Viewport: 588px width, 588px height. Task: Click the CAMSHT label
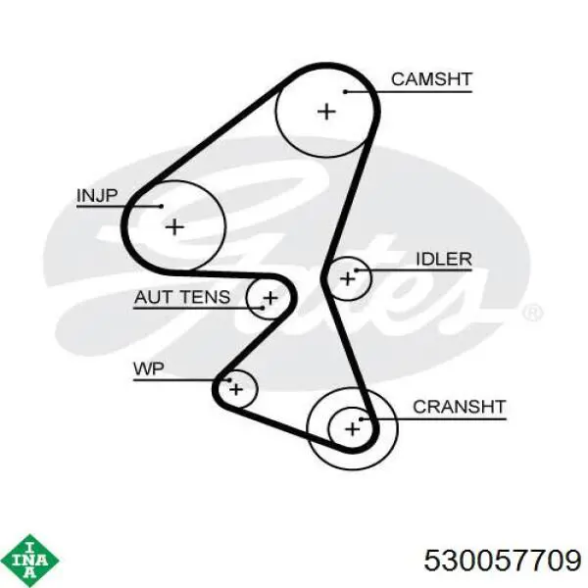point(431,79)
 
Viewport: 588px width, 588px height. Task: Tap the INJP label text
point(97,195)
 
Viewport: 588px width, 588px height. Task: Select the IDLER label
point(444,259)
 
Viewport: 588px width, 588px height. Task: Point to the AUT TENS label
point(182,297)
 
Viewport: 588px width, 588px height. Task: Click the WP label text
point(149,369)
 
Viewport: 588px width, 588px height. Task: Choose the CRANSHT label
point(460,407)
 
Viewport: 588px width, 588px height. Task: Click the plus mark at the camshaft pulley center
point(326,112)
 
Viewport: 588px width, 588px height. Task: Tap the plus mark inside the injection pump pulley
point(174,227)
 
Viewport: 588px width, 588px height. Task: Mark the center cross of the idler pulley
point(347,278)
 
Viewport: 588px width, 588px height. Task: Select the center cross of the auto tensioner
point(270,298)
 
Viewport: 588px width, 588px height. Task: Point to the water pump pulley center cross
point(236,389)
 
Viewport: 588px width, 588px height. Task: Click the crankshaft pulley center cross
point(352,429)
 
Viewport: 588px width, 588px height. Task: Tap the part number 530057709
point(503,561)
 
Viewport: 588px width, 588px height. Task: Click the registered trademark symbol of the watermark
point(532,314)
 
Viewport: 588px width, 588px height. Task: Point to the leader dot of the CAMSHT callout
point(345,92)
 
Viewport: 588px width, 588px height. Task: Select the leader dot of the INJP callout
point(162,206)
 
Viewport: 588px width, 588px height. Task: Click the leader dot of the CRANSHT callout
point(361,419)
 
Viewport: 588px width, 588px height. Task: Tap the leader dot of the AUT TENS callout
point(263,308)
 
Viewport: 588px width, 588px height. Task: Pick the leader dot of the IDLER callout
point(356,270)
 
